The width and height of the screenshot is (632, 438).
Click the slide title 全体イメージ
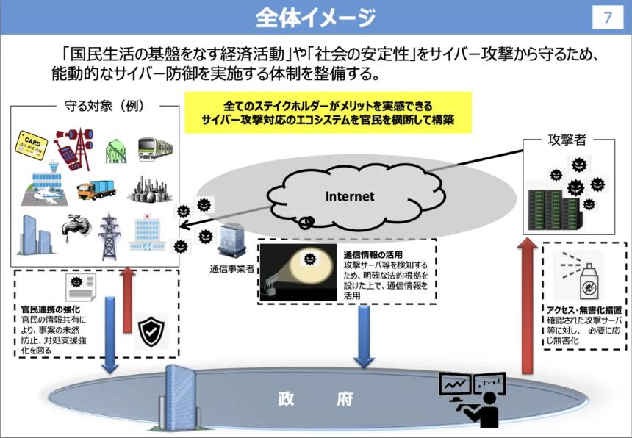(315, 17)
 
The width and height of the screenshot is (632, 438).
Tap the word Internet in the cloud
(350, 196)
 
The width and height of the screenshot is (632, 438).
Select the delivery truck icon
(96, 190)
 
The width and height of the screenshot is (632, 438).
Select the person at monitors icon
(474, 398)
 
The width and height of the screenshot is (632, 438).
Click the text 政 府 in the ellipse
(315, 399)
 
